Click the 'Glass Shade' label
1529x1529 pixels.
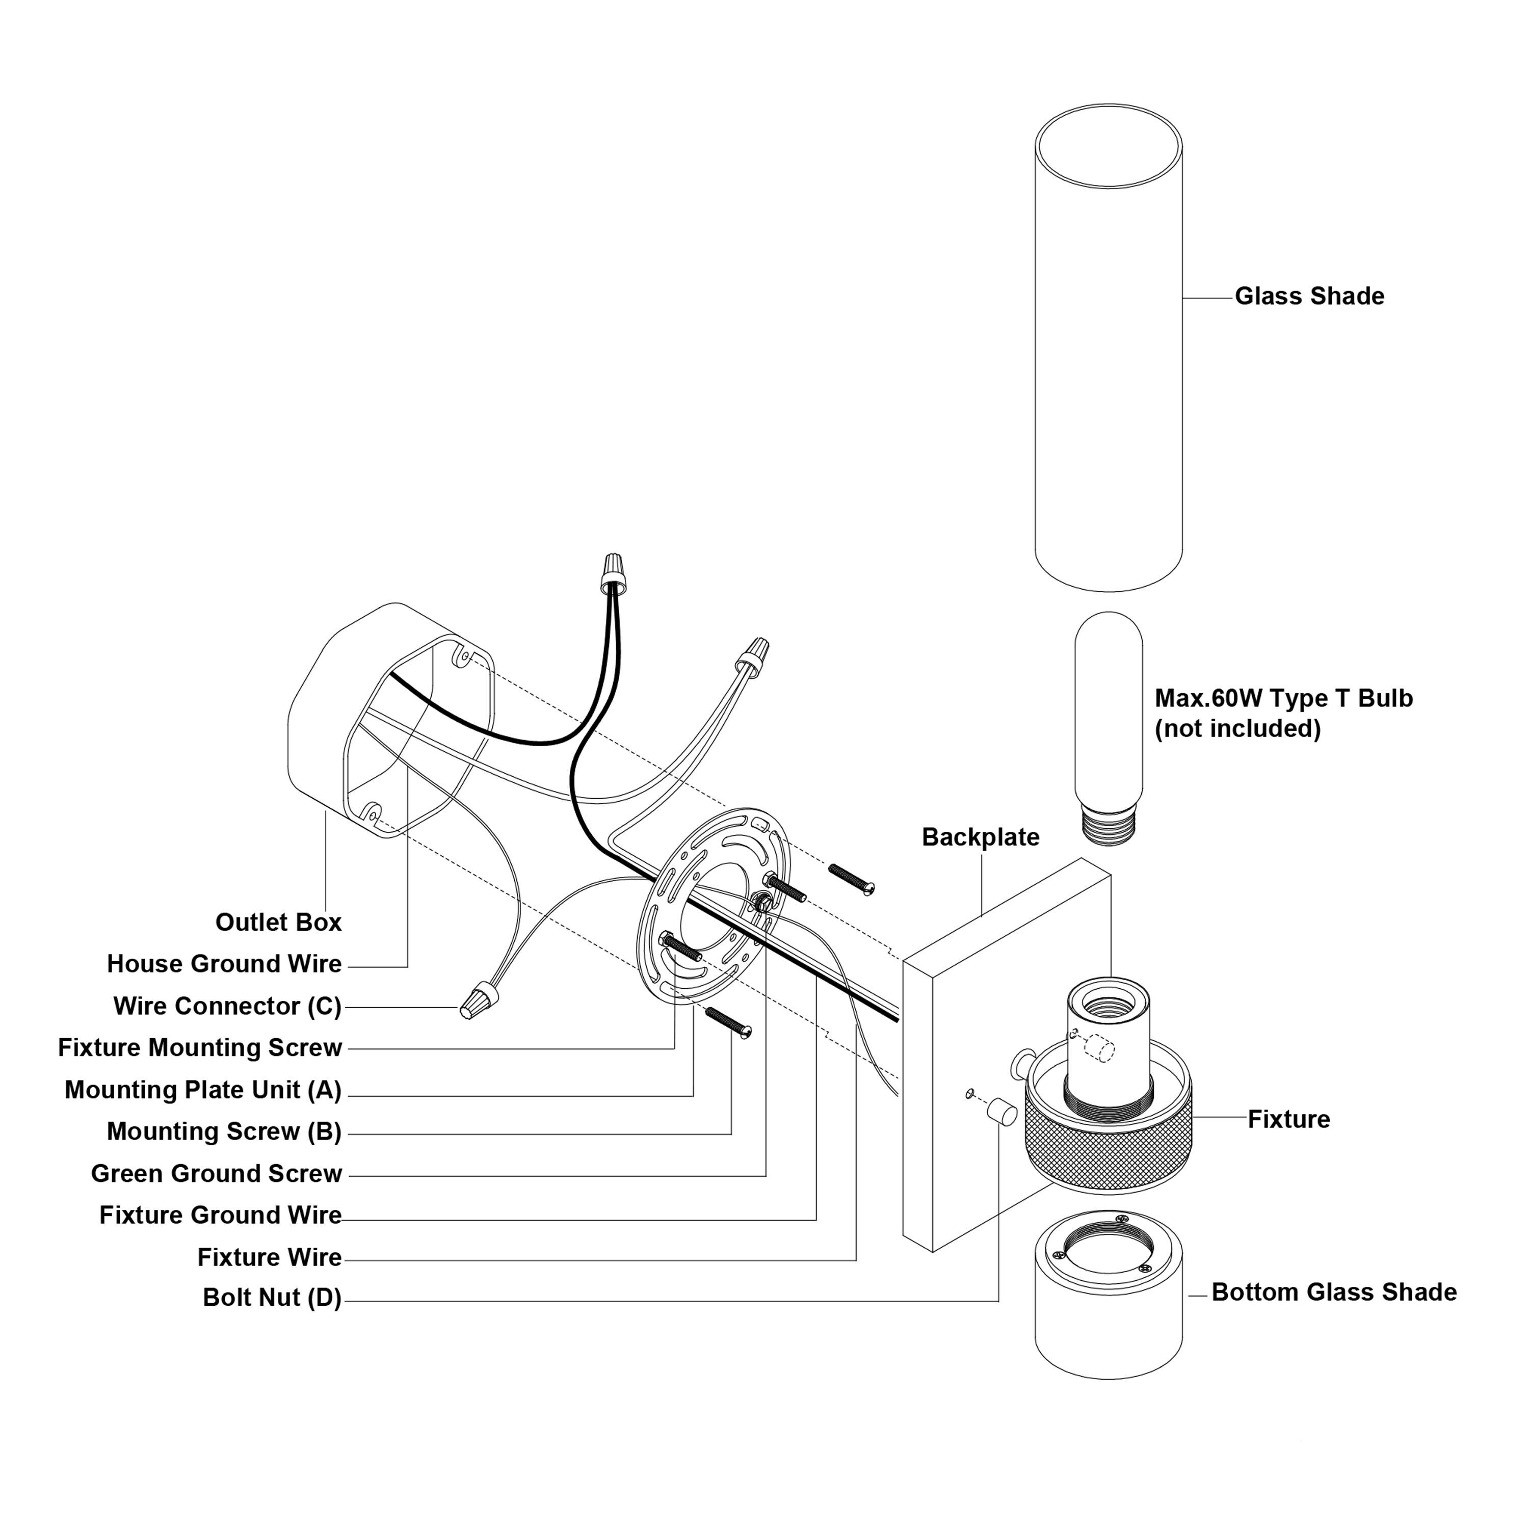[1310, 296]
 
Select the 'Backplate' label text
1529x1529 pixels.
[981, 837]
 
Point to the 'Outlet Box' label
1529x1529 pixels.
[279, 922]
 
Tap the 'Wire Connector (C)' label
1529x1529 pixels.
[228, 1006]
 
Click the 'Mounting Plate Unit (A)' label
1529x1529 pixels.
[203, 1090]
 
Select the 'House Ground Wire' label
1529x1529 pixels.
[225, 964]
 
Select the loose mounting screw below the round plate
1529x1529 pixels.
[728, 1022]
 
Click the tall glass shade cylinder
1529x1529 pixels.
[1109, 348]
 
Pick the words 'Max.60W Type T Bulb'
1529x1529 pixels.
[1284, 698]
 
